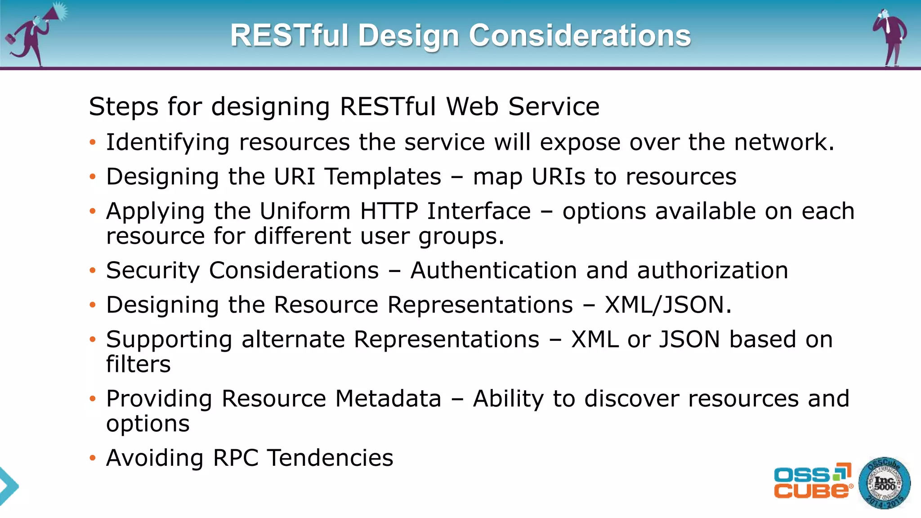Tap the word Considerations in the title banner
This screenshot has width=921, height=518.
tap(580, 36)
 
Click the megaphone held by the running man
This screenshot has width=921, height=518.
tap(56, 13)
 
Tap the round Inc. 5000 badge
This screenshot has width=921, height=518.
tap(884, 483)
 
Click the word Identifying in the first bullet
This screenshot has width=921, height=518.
tap(168, 143)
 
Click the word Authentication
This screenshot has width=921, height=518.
tap(493, 271)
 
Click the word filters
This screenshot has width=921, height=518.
tap(138, 364)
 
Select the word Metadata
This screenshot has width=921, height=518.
tap(388, 399)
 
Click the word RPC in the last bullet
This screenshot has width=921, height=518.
tap(235, 458)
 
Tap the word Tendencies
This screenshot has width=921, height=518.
tap(330, 458)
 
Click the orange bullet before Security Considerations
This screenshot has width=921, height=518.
tap(93, 271)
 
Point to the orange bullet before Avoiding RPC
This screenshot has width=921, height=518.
tap(93, 458)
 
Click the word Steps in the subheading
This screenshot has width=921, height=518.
tap(124, 107)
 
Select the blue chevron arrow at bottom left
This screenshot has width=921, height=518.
tap(8, 486)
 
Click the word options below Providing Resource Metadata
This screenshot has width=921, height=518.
tap(148, 424)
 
